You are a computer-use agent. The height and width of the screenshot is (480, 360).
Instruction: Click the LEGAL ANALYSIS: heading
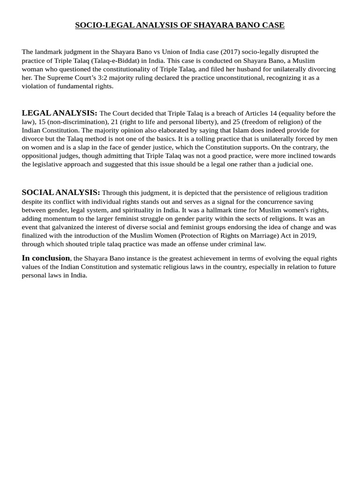point(60,113)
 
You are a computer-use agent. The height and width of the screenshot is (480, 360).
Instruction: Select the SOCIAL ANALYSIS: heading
point(61,193)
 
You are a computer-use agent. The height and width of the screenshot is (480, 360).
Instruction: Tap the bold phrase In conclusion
point(46,258)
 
